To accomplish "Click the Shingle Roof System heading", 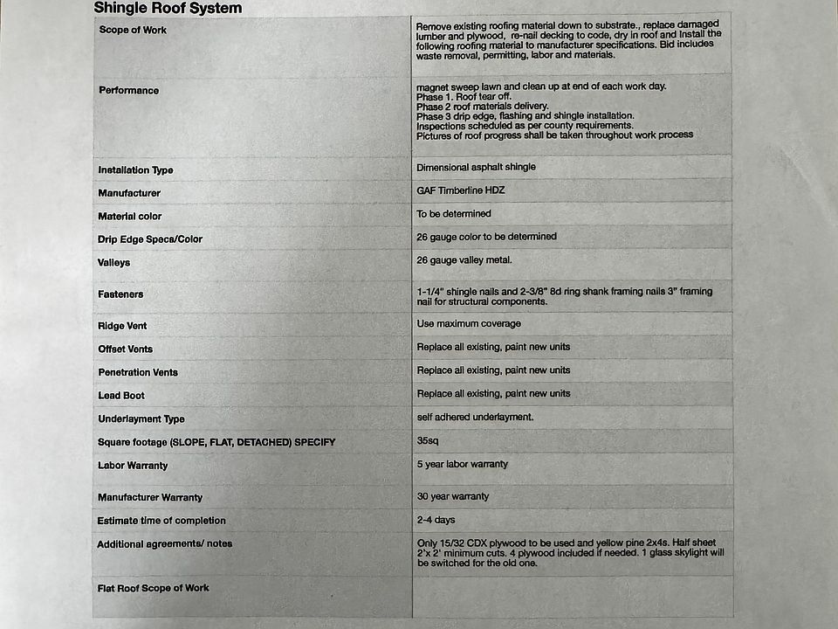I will click(x=168, y=9).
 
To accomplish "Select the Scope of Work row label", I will click(x=133, y=31).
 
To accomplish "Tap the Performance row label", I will click(x=129, y=91).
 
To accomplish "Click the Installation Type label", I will click(x=135, y=170).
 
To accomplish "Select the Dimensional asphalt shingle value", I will click(x=476, y=167).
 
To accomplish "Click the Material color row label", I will click(x=130, y=217).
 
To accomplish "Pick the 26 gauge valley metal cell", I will click(x=464, y=260).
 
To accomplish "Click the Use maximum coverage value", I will click(x=469, y=324).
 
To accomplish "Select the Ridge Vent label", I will click(x=122, y=327).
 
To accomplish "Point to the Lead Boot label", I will click(x=121, y=396).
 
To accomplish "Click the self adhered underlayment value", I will click(x=475, y=418).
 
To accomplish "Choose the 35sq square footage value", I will click(x=428, y=441).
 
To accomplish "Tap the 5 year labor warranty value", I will click(x=462, y=464).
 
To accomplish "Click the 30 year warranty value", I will click(x=452, y=496).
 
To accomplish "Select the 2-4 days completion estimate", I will click(x=436, y=520).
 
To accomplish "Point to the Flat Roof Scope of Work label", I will click(x=153, y=588).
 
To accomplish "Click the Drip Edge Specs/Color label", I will click(x=150, y=239).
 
